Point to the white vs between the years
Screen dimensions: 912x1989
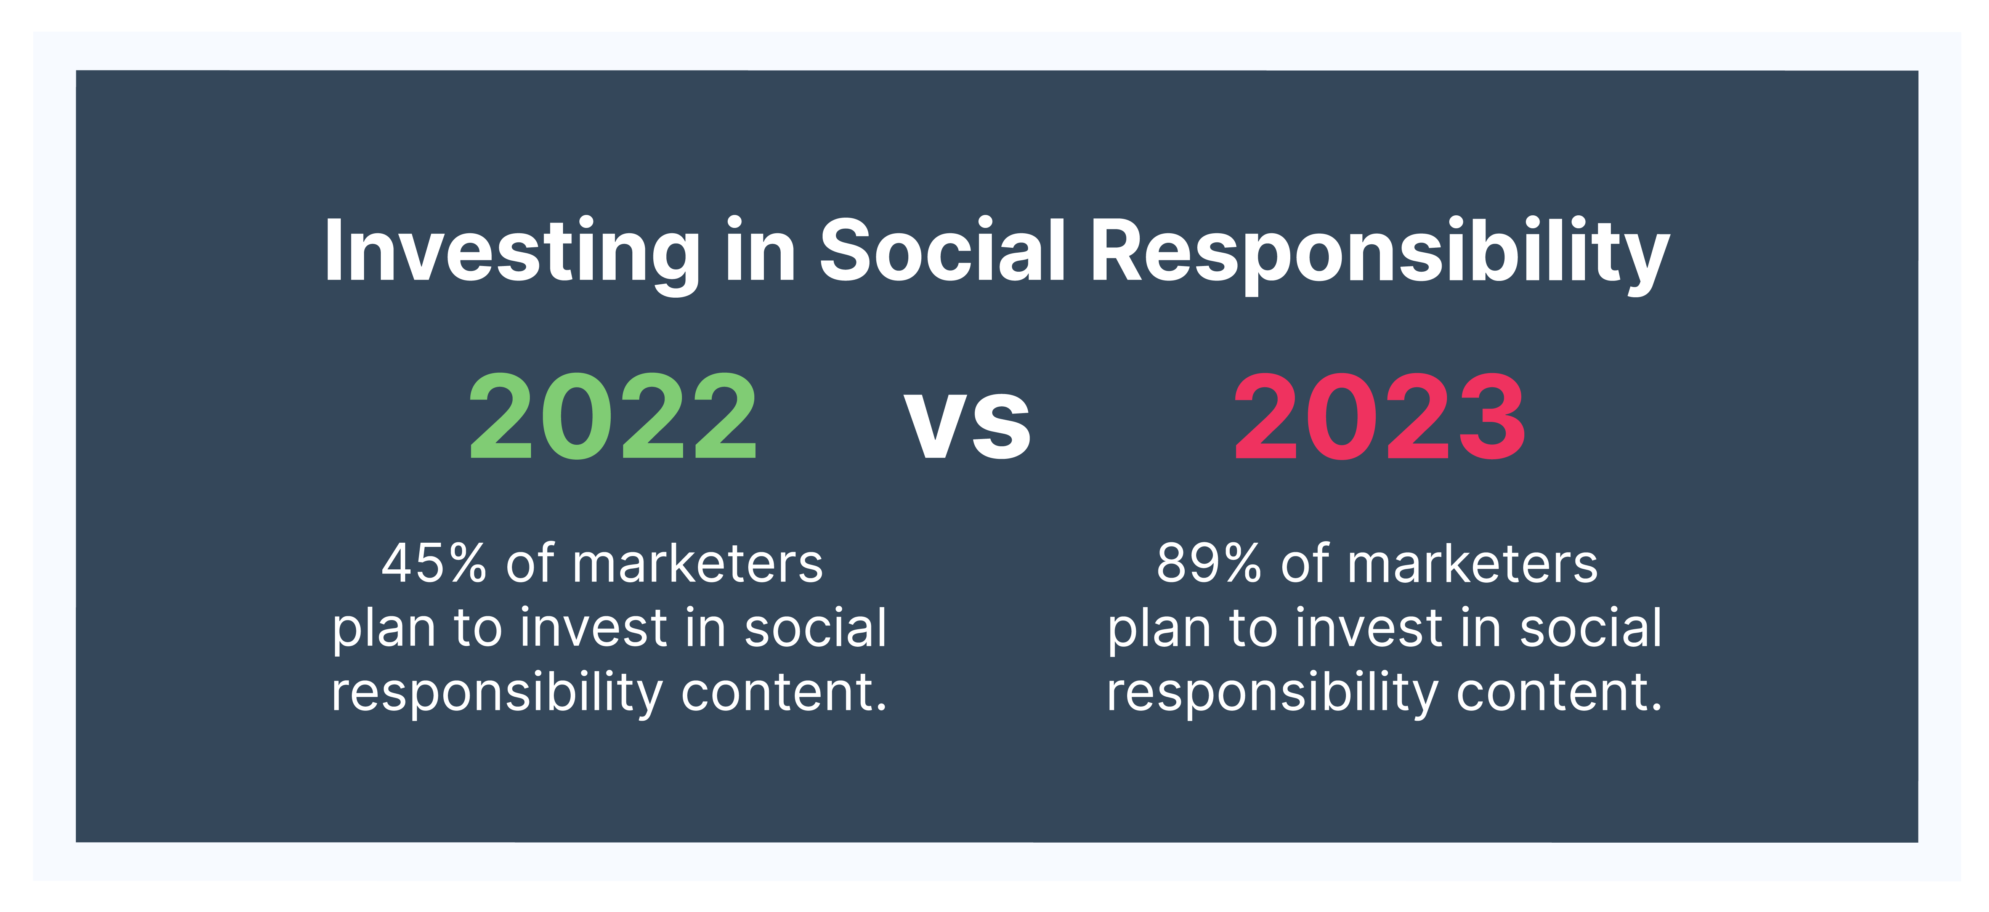(967, 423)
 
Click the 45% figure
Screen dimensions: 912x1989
(434, 564)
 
